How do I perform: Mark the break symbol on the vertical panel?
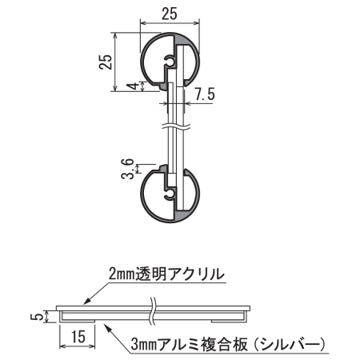(171, 126)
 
